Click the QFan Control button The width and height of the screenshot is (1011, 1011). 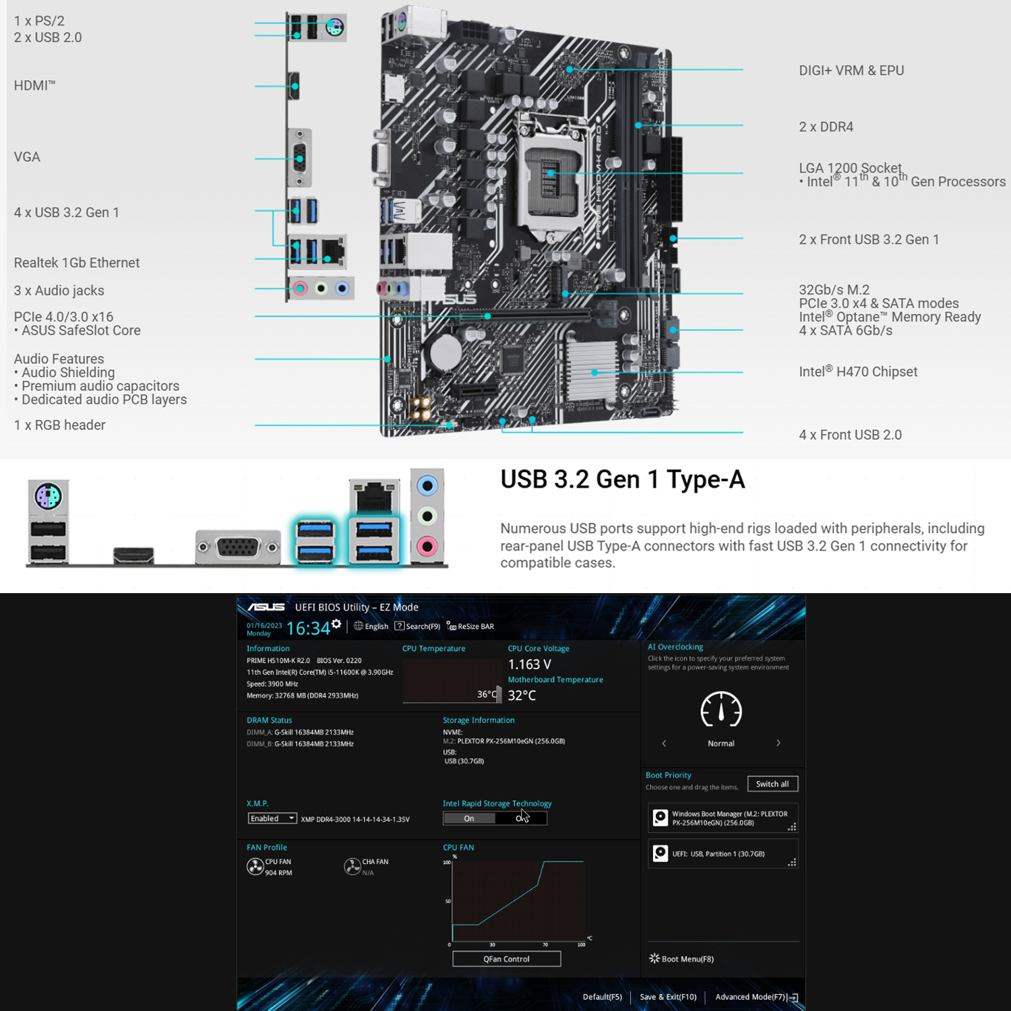point(506,958)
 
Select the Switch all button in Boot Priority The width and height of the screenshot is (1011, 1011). point(772,784)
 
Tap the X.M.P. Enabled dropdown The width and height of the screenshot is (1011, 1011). point(272,818)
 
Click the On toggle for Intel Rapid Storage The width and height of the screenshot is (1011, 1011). point(469,818)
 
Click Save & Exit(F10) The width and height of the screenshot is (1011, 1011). point(668,997)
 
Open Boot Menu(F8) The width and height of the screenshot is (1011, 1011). point(681,958)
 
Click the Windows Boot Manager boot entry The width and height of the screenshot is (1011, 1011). point(723,818)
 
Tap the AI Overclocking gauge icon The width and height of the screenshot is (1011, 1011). point(721,710)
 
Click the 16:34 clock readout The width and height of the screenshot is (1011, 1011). point(308,628)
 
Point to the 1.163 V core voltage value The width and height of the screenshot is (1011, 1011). point(530,665)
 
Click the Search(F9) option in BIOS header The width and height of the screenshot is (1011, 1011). point(418,626)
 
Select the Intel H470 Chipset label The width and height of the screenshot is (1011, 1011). point(858,371)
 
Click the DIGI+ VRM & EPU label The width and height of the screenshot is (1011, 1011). point(851,71)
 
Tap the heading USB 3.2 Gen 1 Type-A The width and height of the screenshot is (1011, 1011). point(623,480)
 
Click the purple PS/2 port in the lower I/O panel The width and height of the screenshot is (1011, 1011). point(49,497)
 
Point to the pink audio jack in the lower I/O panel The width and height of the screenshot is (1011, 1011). point(427,546)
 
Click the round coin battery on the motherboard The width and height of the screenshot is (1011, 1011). point(446,351)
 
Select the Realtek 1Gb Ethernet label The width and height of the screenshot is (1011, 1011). point(77,263)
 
